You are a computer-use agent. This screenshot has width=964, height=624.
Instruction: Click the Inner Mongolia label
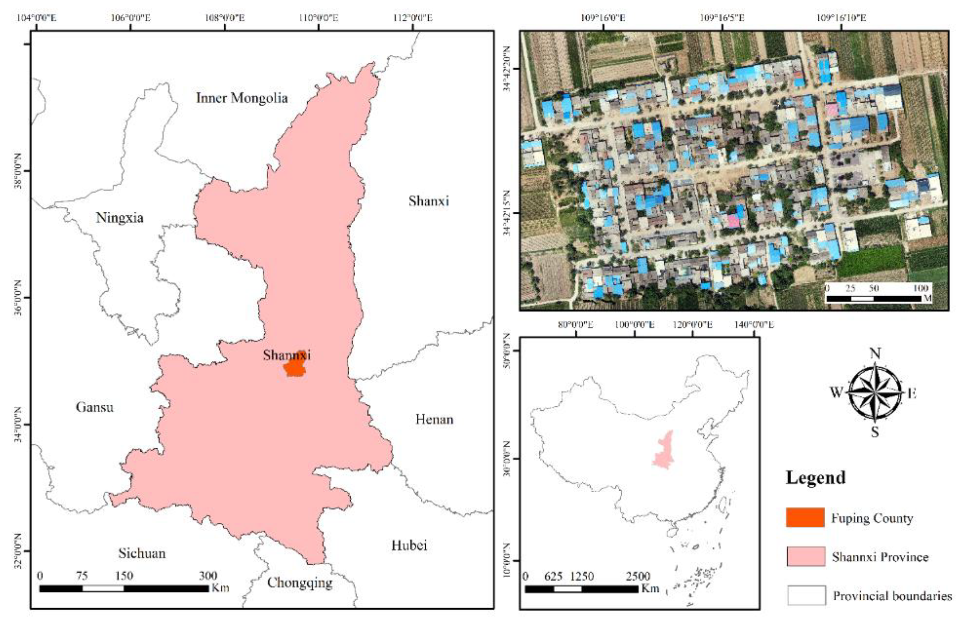(242, 98)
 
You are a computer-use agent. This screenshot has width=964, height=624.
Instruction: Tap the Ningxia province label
(119, 218)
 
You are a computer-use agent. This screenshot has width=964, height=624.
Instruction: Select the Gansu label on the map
(95, 407)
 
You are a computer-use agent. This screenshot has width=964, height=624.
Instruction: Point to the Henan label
(434, 419)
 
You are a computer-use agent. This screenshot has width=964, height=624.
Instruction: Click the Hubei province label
(409, 545)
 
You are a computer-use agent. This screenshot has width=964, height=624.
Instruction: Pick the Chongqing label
(300, 582)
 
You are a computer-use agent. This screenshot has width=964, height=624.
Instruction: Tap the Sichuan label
(142, 553)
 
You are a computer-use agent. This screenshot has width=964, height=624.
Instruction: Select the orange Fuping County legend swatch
(805, 517)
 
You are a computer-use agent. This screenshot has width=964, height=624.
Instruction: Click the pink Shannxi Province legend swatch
(806, 556)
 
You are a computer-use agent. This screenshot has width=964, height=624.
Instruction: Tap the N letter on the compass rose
(875, 354)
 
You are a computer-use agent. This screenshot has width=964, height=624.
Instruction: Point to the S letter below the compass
(875, 432)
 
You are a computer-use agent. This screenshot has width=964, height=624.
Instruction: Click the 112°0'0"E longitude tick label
(413, 18)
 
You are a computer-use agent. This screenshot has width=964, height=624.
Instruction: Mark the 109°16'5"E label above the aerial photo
(722, 18)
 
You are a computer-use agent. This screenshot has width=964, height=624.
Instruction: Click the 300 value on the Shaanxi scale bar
(208, 576)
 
